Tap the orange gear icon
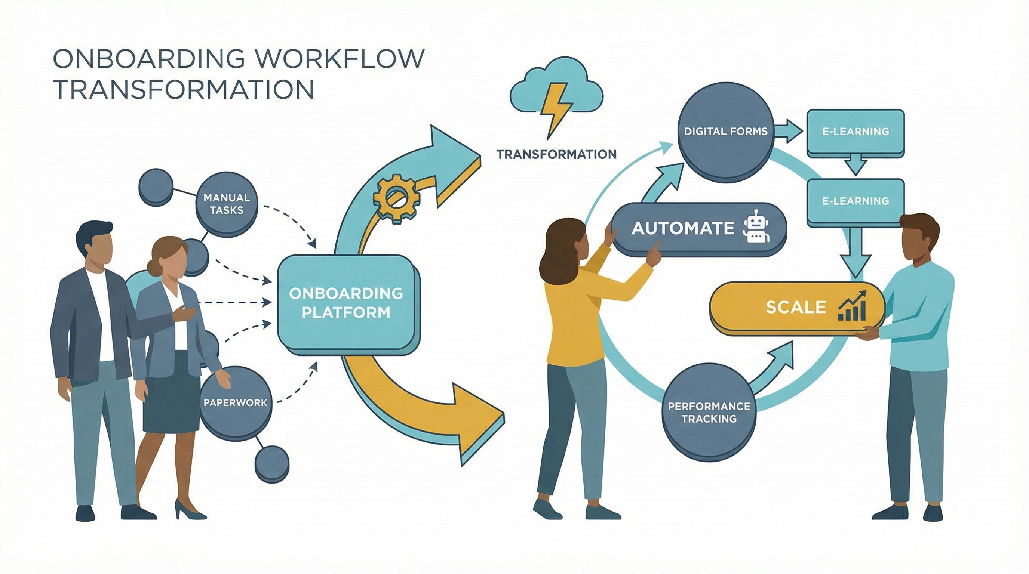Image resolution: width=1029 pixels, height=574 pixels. click(x=396, y=198)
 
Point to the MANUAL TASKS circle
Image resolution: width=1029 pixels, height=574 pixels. click(x=227, y=204)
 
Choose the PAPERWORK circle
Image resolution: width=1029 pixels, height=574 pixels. click(x=236, y=402)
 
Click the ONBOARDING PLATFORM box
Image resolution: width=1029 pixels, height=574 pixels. click(x=346, y=303)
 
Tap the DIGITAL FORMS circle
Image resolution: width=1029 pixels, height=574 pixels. click(x=725, y=131)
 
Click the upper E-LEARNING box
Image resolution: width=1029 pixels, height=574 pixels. click(x=855, y=132)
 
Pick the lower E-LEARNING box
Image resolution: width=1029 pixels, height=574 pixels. click(x=855, y=201)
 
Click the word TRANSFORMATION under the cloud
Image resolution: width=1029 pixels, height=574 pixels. click(x=556, y=154)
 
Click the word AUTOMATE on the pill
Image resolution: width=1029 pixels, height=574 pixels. click(x=683, y=228)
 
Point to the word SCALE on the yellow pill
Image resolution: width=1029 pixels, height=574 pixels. click(x=796, y=307)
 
